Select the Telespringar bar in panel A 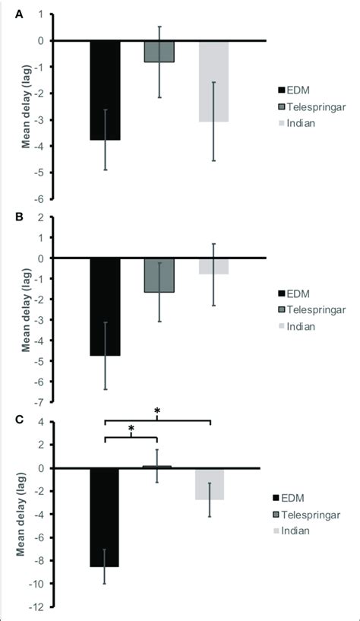tap(159, 51)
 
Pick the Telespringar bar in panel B tap(159, 275)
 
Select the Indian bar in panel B tap(213, 266)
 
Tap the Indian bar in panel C tap(210, 483)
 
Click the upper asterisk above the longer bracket tap(157, 412)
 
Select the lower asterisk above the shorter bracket tap(131, 429)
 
